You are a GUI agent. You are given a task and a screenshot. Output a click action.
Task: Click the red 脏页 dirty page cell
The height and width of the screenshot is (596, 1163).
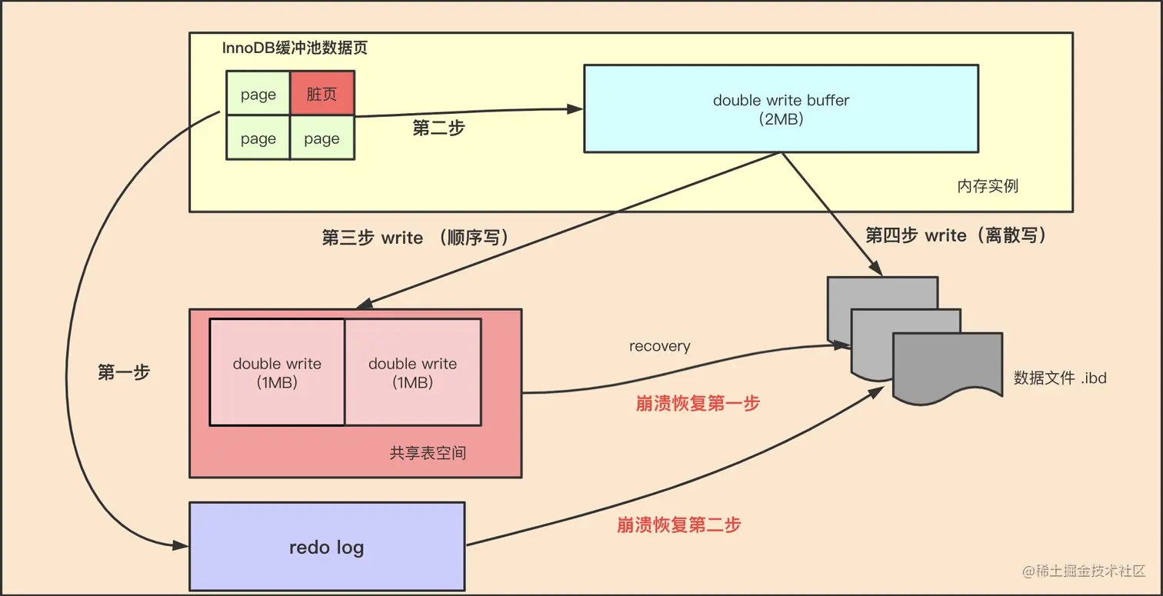click(x=322, y=93)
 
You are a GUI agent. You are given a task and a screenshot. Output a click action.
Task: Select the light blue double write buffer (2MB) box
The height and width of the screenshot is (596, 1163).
click(x=781, y=108)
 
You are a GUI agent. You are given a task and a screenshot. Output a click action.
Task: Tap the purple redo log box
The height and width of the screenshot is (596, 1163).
click(x=327, y=546)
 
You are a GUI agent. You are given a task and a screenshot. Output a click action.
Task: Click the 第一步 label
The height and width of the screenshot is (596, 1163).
click(x=124, y=372)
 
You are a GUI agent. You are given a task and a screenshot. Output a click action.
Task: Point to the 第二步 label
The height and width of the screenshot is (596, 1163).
click(x=438, y=128)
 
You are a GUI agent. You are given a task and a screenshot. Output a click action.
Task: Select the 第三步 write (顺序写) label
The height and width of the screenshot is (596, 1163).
click(x=415, y=238)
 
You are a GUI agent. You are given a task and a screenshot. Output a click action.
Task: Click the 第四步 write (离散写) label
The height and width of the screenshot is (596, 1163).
click(x=956, y=235)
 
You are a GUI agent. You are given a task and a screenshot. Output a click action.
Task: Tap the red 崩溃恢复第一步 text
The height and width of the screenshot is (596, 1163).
click(x=698, y=404)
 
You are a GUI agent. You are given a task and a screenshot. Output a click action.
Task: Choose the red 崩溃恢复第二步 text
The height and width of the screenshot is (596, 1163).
click(x=678, y=525)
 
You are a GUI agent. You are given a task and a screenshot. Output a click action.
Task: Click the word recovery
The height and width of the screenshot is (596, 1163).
click(x=659, y=346)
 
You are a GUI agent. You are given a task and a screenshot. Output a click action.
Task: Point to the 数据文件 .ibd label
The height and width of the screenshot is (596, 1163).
click(x=1060, y=378)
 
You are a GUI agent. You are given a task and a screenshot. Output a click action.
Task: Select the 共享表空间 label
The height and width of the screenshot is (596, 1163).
click(x=428, y=453)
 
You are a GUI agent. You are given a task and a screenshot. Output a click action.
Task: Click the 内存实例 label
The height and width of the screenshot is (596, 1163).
click(x=988, y=186)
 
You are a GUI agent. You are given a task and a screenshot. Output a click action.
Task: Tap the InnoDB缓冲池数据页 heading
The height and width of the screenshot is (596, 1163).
click(x=295, y=48)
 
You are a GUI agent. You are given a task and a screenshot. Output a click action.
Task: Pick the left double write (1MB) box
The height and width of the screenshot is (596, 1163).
click(x=277, y=372)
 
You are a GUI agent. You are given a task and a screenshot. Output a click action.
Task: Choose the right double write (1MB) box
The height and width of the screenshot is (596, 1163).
click(x=413, y=372)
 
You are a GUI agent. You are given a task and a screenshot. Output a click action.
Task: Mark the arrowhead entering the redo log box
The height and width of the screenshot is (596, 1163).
click(x=180, y=545)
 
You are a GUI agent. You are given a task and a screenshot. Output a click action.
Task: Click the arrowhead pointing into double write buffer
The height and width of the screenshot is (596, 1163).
click(x=575, y=109)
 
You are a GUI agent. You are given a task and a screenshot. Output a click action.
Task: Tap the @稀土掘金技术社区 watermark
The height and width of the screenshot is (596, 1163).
click(x=1084, y=571)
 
